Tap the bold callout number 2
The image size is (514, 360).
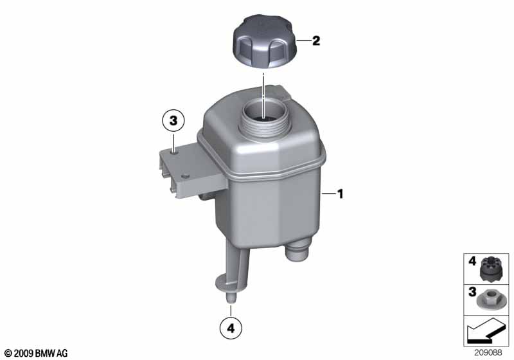(316, 41)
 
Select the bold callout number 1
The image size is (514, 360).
(341, 194)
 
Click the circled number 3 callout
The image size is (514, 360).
(173, 121)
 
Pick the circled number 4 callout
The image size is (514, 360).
(231, 328)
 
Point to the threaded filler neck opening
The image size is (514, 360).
(265, 119)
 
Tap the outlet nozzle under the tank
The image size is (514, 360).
(297, 250)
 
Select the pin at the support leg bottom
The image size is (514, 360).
(231, 298)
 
